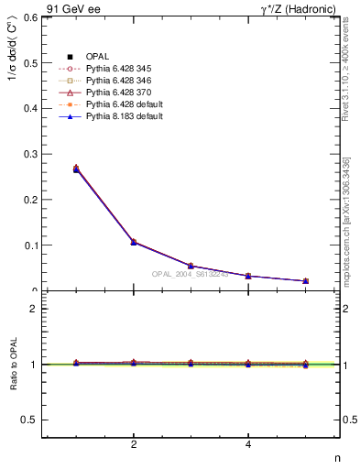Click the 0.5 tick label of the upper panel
point(30,63)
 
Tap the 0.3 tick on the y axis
point(30,154)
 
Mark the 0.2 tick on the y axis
point(30,200)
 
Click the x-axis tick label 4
point(248,445)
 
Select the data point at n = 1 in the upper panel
point(76,169)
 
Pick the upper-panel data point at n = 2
point(134,242)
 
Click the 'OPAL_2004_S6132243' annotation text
point(189,275)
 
